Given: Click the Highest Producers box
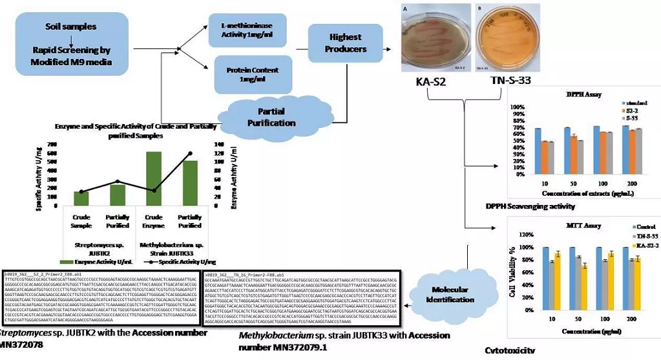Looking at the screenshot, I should [346, 43].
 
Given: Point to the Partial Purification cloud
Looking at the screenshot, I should [276, 117].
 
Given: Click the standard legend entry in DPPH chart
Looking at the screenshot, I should [636, 103].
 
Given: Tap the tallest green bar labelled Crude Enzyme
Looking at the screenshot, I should [153, 178].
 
